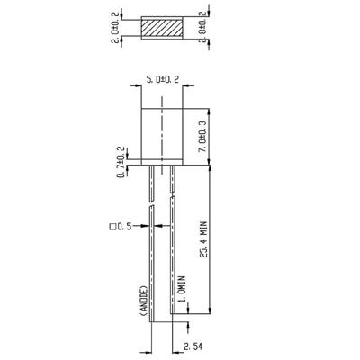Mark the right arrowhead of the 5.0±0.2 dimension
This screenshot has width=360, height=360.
pos(186,89)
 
